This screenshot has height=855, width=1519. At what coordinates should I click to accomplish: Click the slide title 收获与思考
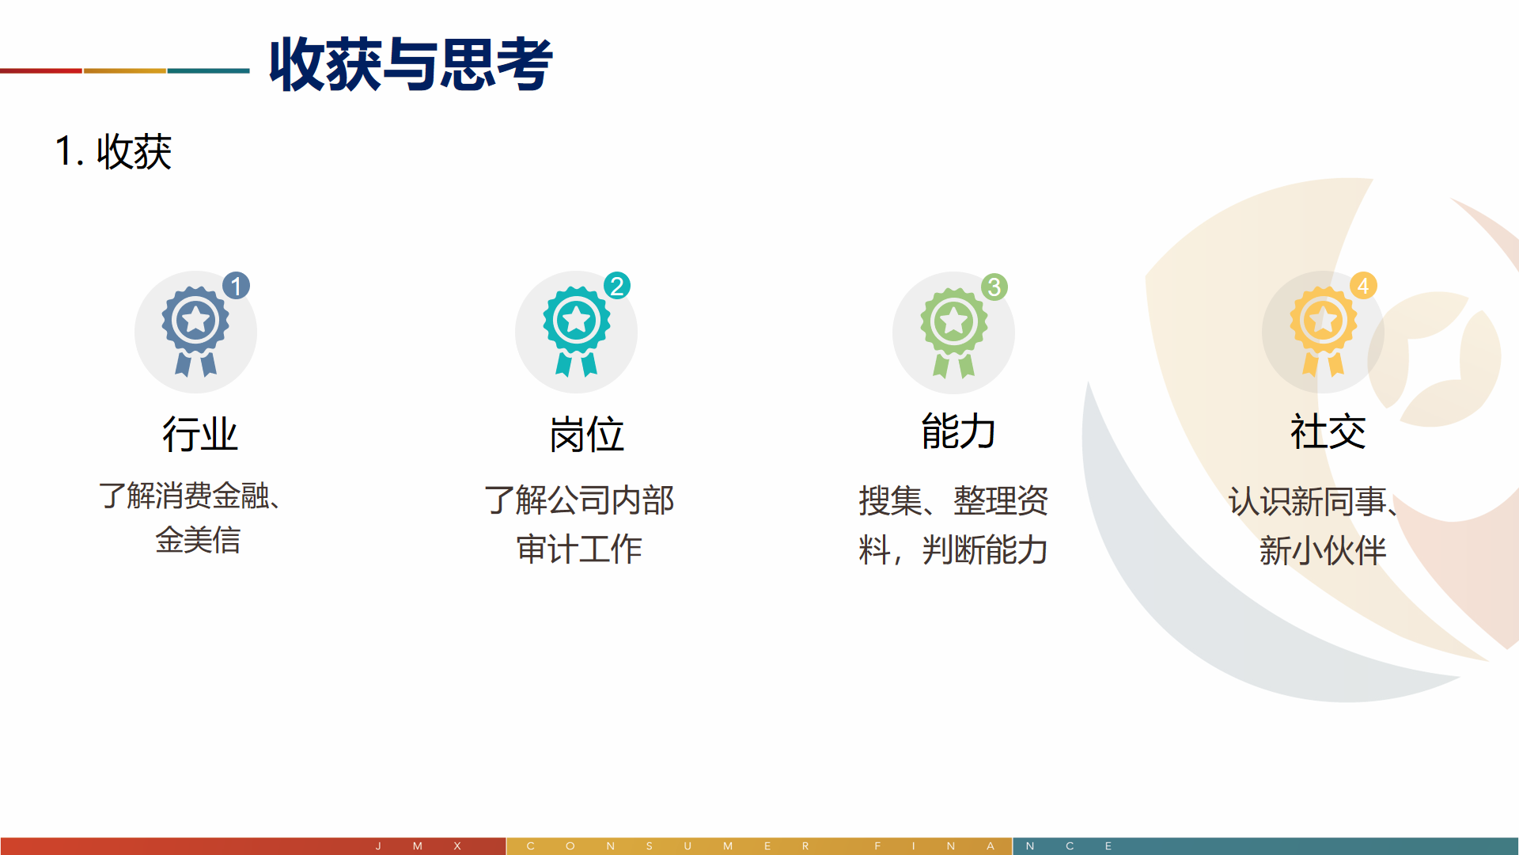pyautogui.click(x=411, y=64)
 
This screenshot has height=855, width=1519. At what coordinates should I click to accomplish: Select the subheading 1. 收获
pyautogui.click(x=113, y=151)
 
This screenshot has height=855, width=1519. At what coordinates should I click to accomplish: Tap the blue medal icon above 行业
pyautogui.click(x=195, y=331)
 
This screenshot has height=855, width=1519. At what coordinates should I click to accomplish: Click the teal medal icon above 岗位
pyautogui.click(x=576, y=331)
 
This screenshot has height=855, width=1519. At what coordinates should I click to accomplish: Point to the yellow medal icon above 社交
pyautogui.click(x=1324, y=331)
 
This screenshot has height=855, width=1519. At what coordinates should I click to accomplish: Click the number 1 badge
pyautogui.click(x=236, y=286)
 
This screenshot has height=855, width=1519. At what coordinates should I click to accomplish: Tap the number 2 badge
pyautogui.click(x=617, y=286)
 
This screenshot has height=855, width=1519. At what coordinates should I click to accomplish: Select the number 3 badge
pyautogui.click(x=994, y=287)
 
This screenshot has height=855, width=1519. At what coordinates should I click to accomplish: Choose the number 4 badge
pyautogui.click(x=1363, y=286)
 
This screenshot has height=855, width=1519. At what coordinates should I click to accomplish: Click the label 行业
pyautogui.click(x=200, y=435)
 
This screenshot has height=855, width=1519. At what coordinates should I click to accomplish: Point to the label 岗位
pyautogui.click(x=587, y=435)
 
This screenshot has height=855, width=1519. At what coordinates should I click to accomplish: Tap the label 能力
pyautogui.click(x=958, y=431)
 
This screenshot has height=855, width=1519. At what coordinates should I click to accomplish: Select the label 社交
pyautogui.click(x=1328, y=431)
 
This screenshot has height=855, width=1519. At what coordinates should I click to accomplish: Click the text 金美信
pyautogui.click(x=198, y=540)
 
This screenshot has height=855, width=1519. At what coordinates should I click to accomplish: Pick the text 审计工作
pyautogui.click(x=579, y=549)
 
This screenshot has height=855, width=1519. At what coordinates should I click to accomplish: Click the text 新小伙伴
pyautogui.click(x=1323, y=550)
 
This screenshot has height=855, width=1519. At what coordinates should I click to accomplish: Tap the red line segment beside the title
pyautogui.click(x=41, y=71)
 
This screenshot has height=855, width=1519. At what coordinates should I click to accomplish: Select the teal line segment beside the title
pyautogui.click(x=209, y=71)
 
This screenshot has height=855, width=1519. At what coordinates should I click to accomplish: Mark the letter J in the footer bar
pyautogui.click(x=378, y=846)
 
